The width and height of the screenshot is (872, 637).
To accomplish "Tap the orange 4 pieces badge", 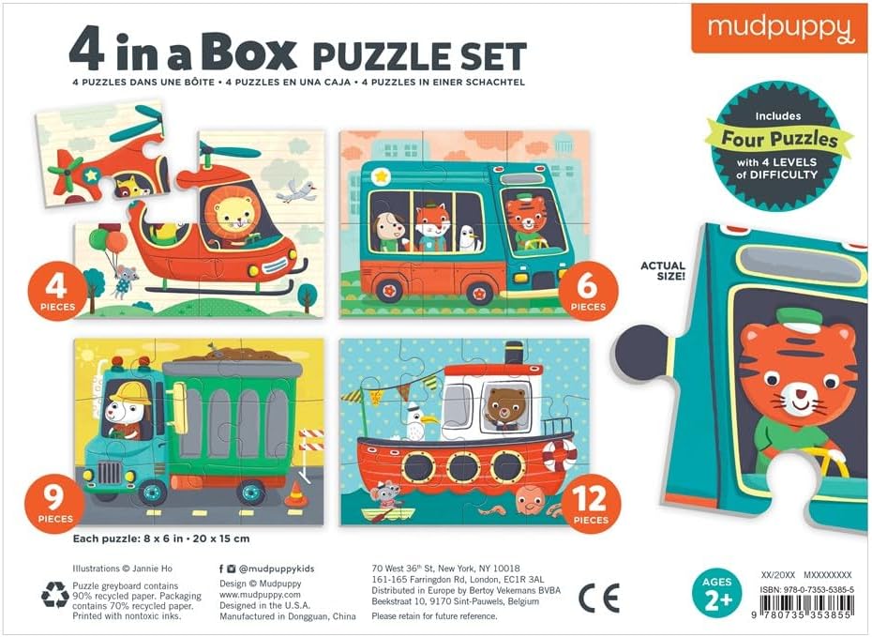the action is (x=57, y=292).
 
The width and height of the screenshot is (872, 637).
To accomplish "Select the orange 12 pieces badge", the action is (x=591, y=504).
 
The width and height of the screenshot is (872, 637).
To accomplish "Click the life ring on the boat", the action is (x=561, y=455).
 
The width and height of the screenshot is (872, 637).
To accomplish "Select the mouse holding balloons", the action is (x=123, y=281).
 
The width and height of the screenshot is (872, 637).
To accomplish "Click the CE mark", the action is (x=598, y=598).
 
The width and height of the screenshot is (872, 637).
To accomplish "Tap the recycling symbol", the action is (x=55, y=596).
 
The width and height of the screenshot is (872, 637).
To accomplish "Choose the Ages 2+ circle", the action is (x=717, y=593).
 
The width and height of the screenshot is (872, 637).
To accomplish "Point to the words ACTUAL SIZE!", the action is (x=663, y=270).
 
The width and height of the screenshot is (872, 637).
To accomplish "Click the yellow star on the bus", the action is (x=381, y=177).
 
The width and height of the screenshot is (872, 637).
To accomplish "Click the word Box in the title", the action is (x=248, y=52).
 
